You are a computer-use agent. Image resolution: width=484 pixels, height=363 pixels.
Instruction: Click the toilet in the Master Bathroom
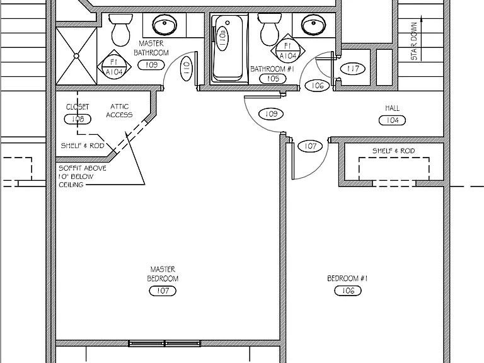coord(121,30)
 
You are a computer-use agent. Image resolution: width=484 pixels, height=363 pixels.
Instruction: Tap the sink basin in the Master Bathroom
coord(165,24)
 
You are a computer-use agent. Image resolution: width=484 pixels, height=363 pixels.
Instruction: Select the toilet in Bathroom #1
coord(270,30)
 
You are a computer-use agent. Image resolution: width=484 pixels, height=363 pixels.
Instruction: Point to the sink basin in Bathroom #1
coord(314,24)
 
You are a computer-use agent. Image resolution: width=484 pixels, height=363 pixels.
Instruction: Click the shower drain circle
coord(76,56)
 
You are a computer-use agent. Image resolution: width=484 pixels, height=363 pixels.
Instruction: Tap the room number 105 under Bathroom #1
coord(273,79)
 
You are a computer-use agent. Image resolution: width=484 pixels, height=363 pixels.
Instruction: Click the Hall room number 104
coord(392,120)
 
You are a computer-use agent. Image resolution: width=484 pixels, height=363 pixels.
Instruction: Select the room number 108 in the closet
coord(78,119)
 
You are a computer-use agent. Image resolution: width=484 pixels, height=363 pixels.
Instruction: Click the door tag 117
coord(353,69)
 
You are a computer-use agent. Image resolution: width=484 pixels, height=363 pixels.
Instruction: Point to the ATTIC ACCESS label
coord(119,110)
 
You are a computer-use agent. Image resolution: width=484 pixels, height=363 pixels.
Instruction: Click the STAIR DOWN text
coord(414,41)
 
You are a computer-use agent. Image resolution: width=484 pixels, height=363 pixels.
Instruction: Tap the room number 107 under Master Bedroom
coord(163,291)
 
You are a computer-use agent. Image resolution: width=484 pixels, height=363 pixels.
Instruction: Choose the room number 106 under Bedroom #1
coord(348,291)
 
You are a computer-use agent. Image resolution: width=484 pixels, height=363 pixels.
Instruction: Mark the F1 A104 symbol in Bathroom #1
coord(288,51)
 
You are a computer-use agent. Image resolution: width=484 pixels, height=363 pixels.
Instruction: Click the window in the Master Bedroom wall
coord(164,343)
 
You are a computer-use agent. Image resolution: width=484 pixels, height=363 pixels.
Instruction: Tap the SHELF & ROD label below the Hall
coord(393,151)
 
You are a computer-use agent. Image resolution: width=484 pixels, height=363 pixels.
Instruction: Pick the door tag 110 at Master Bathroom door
coord(186,68)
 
